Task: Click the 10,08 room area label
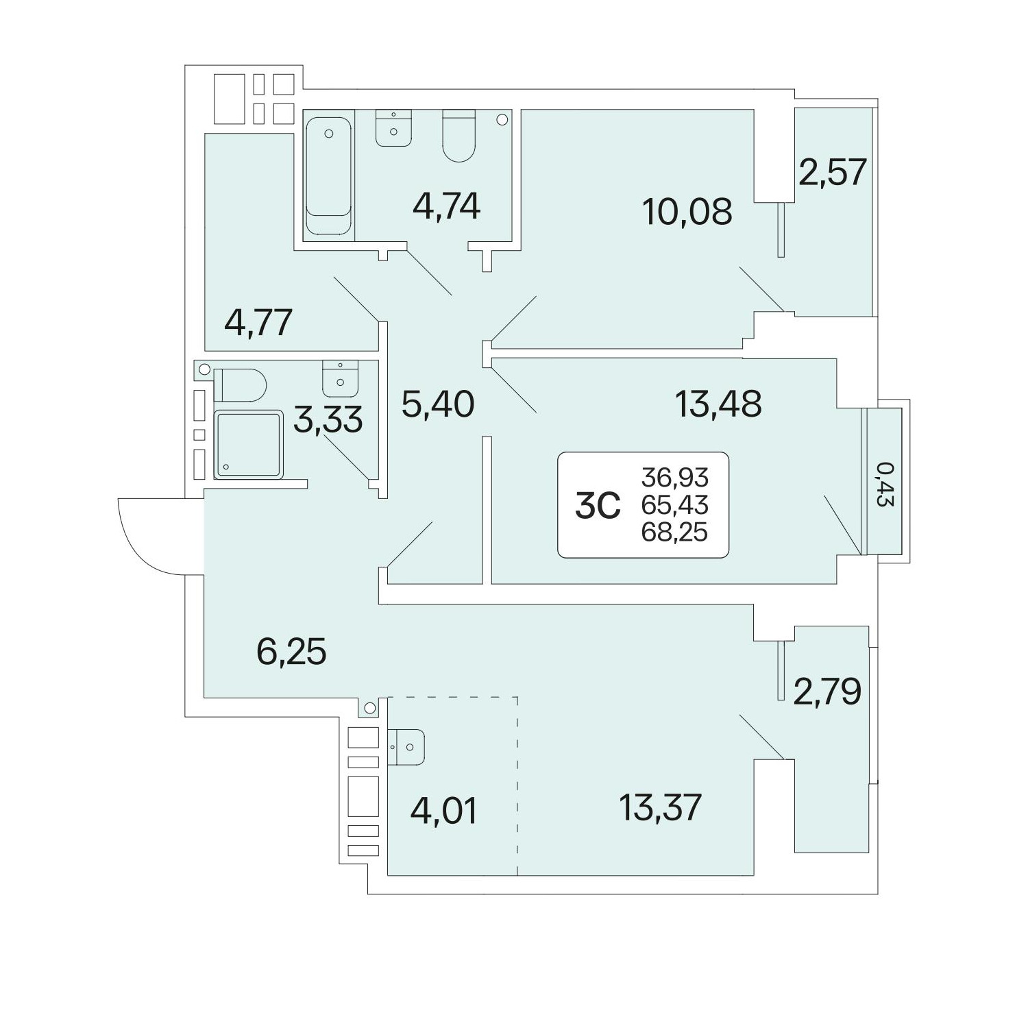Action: click(x=687, y=212)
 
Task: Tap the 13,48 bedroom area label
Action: click(x=718, y=404)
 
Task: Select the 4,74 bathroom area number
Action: click(x=446, y=206)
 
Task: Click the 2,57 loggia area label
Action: click(x=833, y=171)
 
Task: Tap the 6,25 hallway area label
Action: click(x=291, y=651)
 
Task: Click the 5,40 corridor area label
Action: click(x=438, y=404)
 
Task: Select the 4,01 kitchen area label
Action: click(x=443, y=811)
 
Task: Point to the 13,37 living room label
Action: click(x=661, y=807)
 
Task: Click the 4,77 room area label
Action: click(x=259, y=322)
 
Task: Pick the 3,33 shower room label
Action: click(x=328, y=419)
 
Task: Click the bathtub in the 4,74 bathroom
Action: click(x=330, y=177)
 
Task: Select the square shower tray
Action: click(x=248, y=444)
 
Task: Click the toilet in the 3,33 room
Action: click(x=239, y=385)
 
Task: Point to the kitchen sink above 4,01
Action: click(x=406, y=746)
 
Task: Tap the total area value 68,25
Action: click(x=674, y=533)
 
